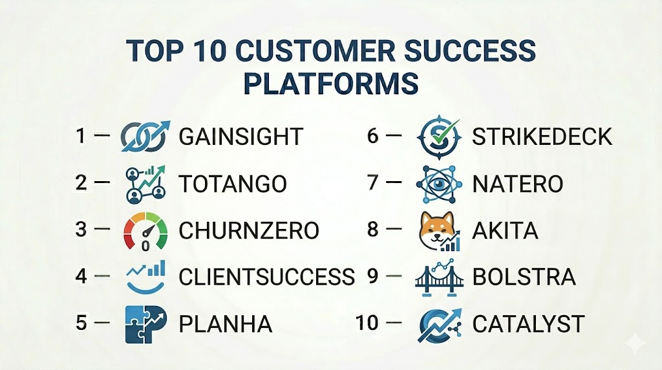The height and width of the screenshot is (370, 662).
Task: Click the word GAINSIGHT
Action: [x=240, y=136]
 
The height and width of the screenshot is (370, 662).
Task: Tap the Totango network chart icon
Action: [x=145, y=184]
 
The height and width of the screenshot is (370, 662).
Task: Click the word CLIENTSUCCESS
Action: [x=266, y=277]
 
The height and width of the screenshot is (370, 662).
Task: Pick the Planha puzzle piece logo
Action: [x=145, y=324]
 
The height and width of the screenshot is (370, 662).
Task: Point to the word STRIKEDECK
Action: [x=542, y=136]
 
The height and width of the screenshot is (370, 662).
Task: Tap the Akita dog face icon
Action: [x=439, y=232]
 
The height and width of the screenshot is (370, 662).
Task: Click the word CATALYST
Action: [x=528, y=324]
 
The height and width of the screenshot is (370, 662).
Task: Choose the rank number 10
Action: [x=367, y=323]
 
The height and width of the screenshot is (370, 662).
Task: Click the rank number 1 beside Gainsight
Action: [x=81, y=136]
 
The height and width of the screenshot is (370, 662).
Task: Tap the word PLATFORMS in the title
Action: [x=331, y=83]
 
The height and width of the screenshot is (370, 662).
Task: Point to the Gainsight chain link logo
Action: [x=145, y=136]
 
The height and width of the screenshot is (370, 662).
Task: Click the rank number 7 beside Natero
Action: [x=373, y=182]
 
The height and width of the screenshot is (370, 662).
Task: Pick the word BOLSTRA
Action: [x=524, y=277]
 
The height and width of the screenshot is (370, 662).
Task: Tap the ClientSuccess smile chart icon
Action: [x=145, y=277]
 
